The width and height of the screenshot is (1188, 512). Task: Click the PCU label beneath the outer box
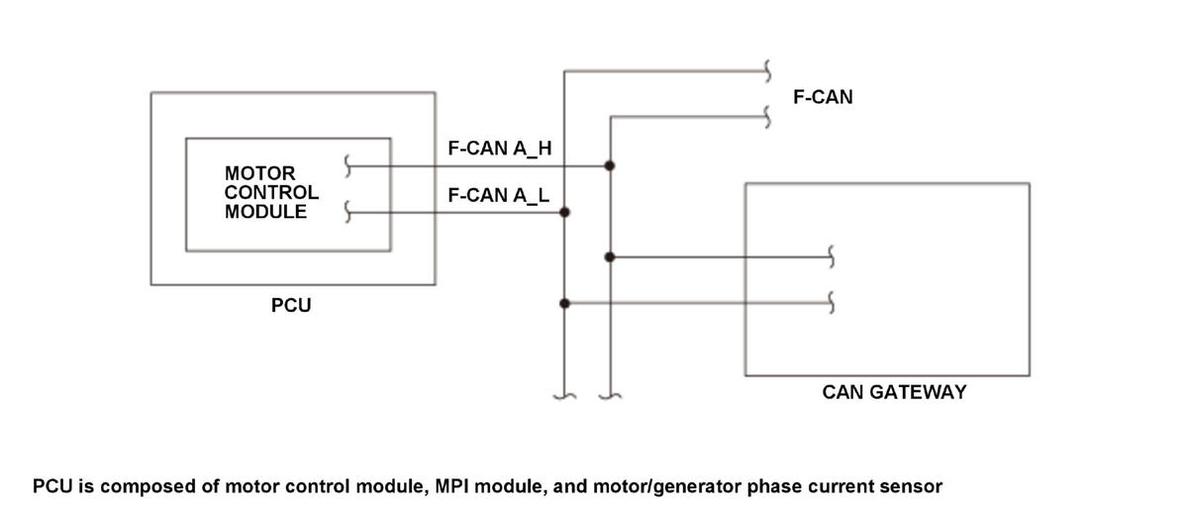click(291, 305)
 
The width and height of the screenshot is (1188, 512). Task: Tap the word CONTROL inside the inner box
click(271, 192)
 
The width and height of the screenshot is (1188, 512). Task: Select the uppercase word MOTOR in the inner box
click(259, 173)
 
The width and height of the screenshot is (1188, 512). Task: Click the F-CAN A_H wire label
click(500, 148)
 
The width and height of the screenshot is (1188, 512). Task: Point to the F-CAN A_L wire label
click(499, 195)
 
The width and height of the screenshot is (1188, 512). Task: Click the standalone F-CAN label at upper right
click(823, 97)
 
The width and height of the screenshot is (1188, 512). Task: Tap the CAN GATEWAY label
click(894, 392)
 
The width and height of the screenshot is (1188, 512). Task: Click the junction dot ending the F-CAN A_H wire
click(610, 165)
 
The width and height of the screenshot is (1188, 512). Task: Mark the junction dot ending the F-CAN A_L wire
click(564, 212)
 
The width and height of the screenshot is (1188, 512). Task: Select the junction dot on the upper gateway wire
click(610, 257)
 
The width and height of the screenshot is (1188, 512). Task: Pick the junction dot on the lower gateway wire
click(564, 303)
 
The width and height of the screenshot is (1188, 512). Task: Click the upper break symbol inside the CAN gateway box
click(831, 256)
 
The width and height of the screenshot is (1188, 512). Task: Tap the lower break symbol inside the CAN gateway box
click(831, 302)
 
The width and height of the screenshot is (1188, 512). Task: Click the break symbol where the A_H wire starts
click(347, 166)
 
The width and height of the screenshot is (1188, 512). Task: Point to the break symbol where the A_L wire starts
click(347, 212)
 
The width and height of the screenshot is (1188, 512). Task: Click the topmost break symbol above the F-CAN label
click(767, 71)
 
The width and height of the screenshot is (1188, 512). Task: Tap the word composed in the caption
click(135, 487)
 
